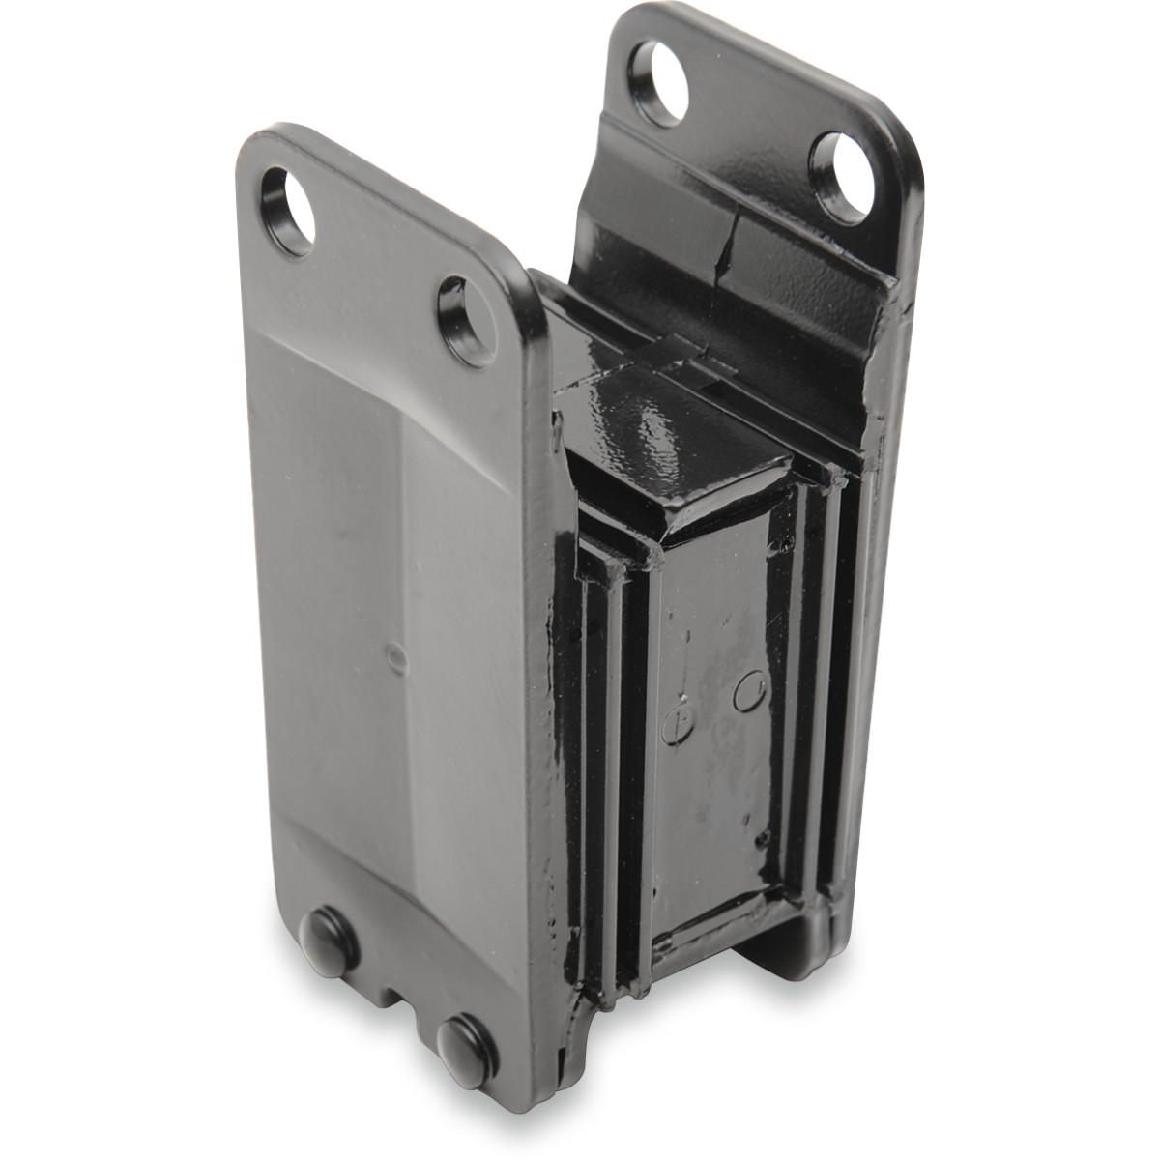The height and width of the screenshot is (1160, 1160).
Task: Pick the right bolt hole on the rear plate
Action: tap(839, 178)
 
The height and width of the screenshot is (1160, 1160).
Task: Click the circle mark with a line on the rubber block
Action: tap(676, 720)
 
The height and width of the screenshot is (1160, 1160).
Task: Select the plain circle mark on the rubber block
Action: tap(749, 691)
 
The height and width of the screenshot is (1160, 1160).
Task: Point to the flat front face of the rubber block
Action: tap(715, 754)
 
